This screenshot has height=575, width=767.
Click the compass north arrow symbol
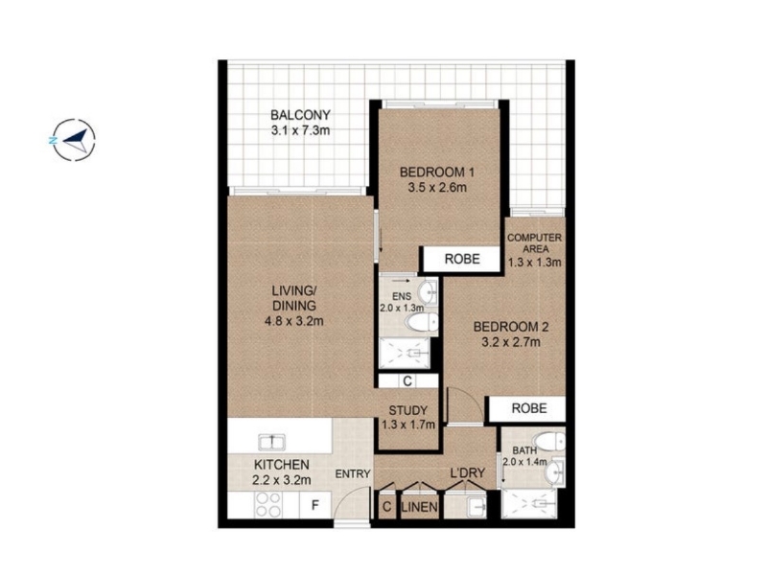[x=74, y=139]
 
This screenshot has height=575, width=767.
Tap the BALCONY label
[x=300, y=115]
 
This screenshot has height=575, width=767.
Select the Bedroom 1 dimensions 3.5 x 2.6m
[x=437, y=187]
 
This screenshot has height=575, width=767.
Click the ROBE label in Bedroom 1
[x=462, y=259]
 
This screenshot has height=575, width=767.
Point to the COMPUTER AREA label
[x=534, y=243]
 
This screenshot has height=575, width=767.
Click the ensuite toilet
[x=422, y=322]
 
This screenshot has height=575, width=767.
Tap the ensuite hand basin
[x=429, y=292]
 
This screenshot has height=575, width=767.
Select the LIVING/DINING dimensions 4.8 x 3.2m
[x=294, y=321]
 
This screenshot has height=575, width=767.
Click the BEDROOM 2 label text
[x=511, y=326]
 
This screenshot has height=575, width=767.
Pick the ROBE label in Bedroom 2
[x=529, y=408]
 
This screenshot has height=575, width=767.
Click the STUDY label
[x=408, y=411]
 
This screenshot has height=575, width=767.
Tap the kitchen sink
[x=273, y=442]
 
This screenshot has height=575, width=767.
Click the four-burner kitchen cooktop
[x=268, y=504]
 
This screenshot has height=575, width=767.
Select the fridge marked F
[x=315, y=505]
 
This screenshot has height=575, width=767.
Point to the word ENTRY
[x=353, y=473]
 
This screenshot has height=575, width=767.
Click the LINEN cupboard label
[x=419, y=507]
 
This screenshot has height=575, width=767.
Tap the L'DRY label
[x=467, y=472]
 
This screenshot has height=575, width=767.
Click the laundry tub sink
[x=476, y=508]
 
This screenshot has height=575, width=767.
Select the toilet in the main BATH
[x=548, y=441]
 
